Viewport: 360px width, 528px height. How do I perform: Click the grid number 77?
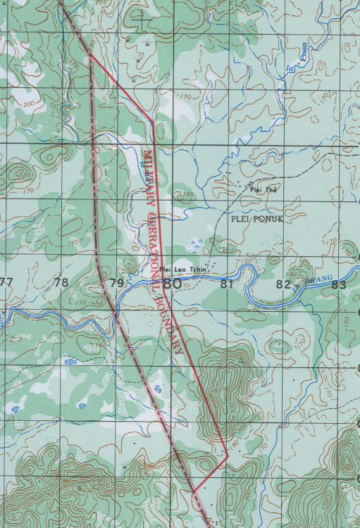pyautogui.click(x=6, y=282)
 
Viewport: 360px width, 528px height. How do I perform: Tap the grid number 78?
pyautogui.click(x=61, y=283)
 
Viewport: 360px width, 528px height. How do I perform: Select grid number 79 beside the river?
pyautogui.click(x=117, y=284)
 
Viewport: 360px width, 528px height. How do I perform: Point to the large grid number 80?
pyautogui.click(x=172, y=284)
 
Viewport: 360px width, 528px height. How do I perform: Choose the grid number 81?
pyautogui.click(x=226, y=284)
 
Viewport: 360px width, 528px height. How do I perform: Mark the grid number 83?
pyautogui.click(x=339, y=284)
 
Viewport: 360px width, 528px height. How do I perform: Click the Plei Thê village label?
pyautogui.click(x=260, y=189)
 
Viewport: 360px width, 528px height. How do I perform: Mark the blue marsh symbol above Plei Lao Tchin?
pyautogui.click(x=195, y=244)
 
